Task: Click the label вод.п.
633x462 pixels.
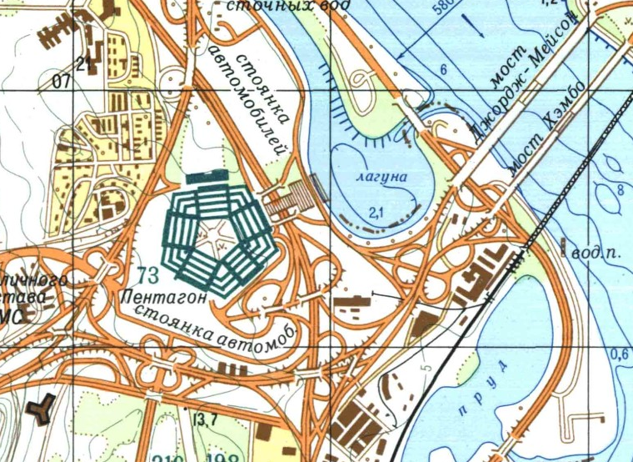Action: [595, 251]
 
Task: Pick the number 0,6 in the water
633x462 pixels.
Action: [619, 354]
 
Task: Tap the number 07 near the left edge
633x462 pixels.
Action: [60, 82]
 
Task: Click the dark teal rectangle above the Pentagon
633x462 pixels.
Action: [207, 178]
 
